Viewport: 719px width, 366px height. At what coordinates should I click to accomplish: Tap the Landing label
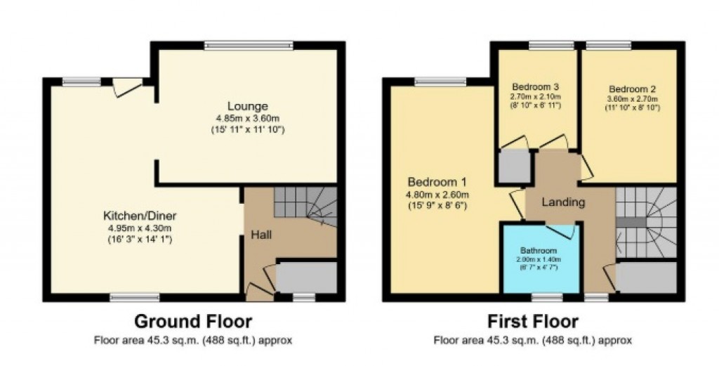click(x=563, y=202)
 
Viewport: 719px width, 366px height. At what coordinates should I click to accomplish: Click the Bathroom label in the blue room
click(x=539, y=251)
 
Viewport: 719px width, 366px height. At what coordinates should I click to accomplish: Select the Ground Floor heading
click(x=192, y=322)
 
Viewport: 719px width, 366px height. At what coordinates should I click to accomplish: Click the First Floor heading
click(x=533, y=322)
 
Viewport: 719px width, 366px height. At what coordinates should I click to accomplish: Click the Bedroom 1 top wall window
click(x=440, y=81)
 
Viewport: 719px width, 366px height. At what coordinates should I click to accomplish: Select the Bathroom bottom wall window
click(x=541, y=297)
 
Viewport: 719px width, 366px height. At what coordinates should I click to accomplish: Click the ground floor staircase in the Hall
click(x=303, y=205)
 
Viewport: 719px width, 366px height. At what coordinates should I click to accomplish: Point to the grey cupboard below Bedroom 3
click(x=514, y=167)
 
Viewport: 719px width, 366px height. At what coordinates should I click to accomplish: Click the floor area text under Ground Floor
click(x=192, y=341)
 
